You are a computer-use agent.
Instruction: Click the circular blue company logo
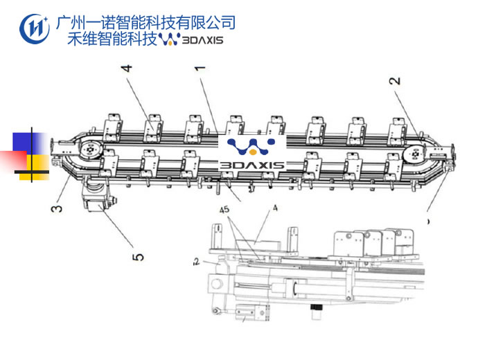click(35, 27)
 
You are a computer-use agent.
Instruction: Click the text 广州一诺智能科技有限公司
click(145, 22)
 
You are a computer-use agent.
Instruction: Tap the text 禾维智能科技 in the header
click(112, 39)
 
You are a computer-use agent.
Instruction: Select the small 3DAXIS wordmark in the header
click(200, 40)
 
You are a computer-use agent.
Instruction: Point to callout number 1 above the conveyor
click(200, 69)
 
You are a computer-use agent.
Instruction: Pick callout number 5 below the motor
click(139, 256)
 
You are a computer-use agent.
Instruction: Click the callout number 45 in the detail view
click(224, 209)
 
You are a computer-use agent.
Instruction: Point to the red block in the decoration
click(13, 161)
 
